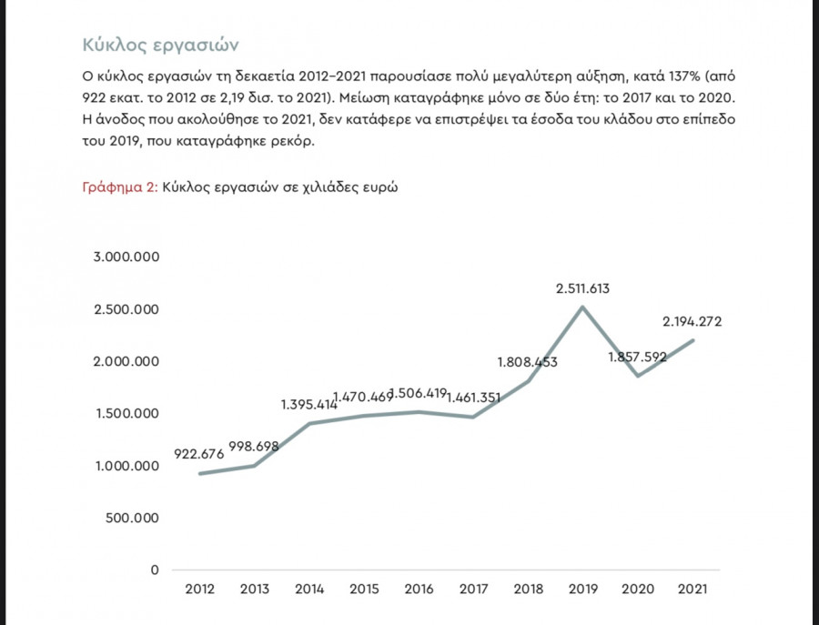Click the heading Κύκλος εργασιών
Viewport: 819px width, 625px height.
[159, 45]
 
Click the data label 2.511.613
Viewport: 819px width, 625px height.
[582, 289]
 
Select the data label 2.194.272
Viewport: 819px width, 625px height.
[693, 322]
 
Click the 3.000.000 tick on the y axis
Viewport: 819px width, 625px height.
[126, 257]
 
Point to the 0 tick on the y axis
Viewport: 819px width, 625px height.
[155, 570]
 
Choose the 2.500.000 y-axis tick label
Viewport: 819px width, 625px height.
[126, 309]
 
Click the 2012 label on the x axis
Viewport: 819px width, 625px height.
[199, 590]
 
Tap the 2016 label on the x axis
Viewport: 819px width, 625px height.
[418, 590]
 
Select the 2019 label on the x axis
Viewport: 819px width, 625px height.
[582, 590]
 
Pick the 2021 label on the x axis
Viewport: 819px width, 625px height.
[693, 590]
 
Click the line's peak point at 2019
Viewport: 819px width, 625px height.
[582, 307]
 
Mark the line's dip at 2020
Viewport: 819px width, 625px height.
[638, 375]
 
